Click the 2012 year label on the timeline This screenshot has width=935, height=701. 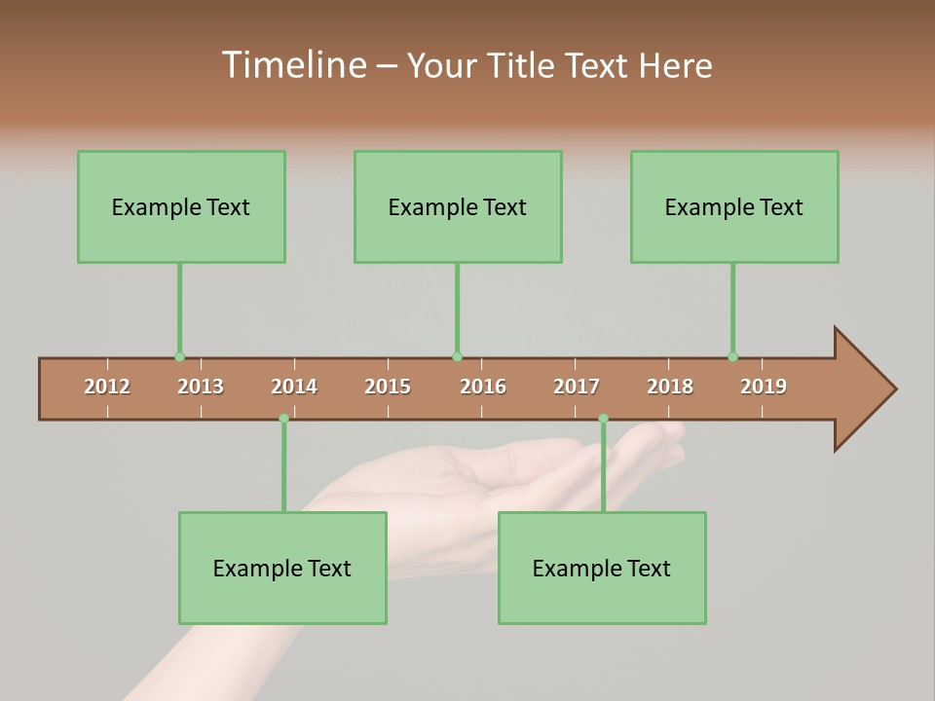[107, 387]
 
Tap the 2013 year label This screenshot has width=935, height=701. [201, 387]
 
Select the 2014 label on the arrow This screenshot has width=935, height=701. [294, 387]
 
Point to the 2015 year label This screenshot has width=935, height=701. [388, 387]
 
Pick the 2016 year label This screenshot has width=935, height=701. [483, 387]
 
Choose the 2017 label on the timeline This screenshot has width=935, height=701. [577, 387]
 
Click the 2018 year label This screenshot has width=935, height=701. [670, 387]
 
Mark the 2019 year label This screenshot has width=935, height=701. [764, 387]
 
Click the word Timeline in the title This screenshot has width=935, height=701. [292, 65]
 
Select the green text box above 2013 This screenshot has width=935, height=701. [181, 206]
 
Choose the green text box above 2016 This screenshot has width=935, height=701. [458, 206]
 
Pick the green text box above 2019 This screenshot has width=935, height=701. [734, 206]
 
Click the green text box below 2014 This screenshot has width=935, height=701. [282, 568]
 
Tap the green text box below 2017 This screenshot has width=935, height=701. [602, 568]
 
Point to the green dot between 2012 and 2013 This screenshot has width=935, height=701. [179, 356]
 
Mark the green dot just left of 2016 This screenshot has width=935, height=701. [457, 356]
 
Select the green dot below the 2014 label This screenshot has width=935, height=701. [283, 419]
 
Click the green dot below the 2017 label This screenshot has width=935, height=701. [603, 419]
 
